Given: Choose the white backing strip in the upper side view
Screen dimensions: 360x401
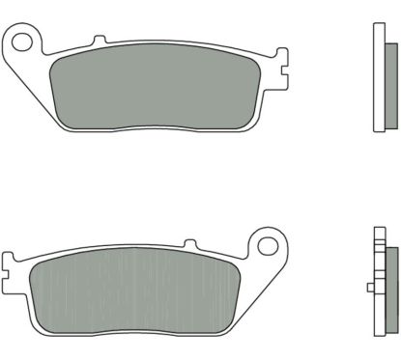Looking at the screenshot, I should tap(378, 77).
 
